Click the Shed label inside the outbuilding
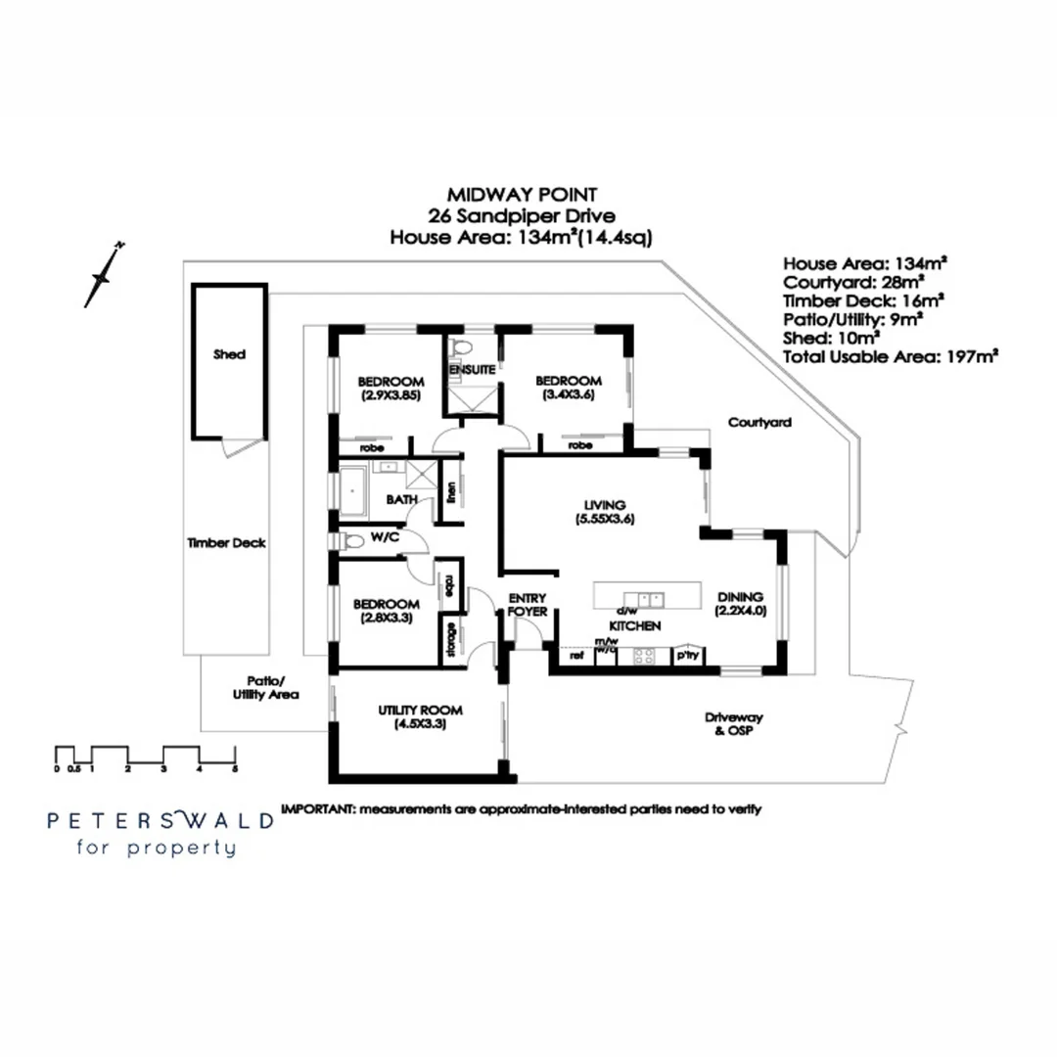point(229,354)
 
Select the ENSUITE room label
point(471,370)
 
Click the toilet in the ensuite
point(463,345)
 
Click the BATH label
point(401,499)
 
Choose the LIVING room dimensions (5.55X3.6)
point(606,521)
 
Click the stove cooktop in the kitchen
point(644,658)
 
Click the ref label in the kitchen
point(576,657)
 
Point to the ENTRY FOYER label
point(528,605)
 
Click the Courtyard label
point(758,423)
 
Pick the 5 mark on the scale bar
point(235,769)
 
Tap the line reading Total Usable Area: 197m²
point(890,357)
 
